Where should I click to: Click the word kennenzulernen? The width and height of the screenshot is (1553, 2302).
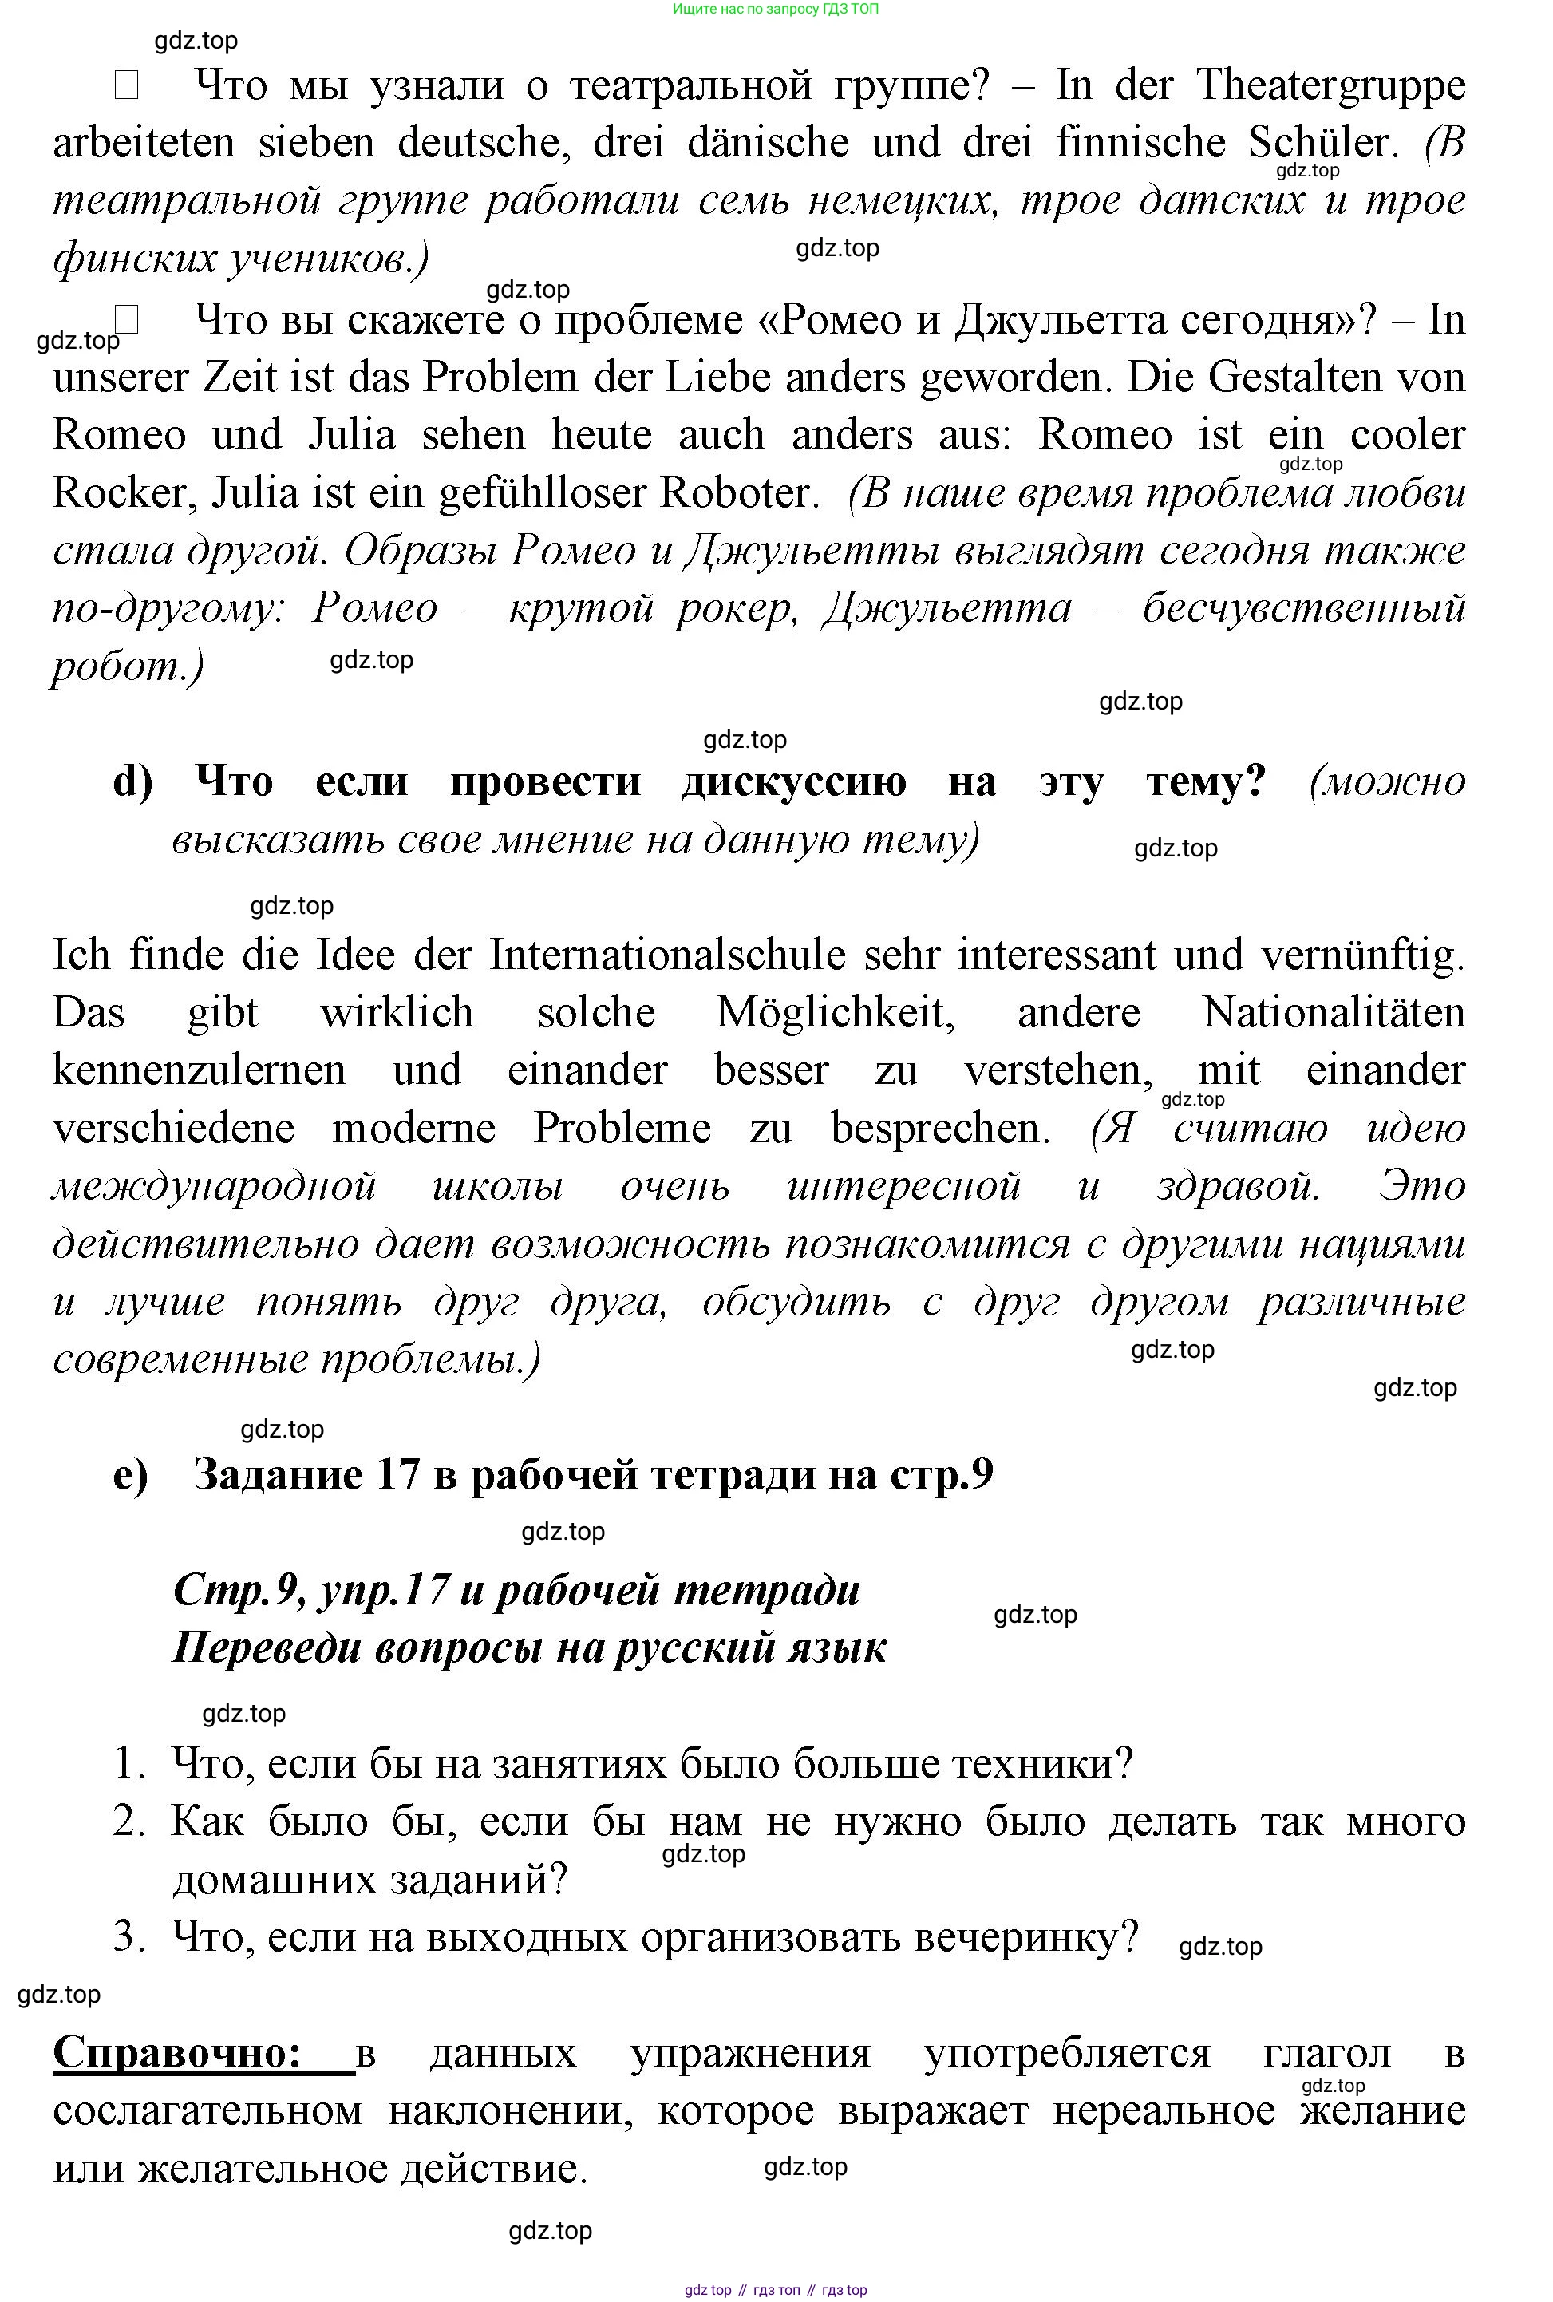199,1070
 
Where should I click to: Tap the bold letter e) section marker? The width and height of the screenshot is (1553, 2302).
131,1475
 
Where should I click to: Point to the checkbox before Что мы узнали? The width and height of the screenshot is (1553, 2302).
126,87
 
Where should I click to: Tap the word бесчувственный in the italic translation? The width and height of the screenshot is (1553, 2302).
1303,608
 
